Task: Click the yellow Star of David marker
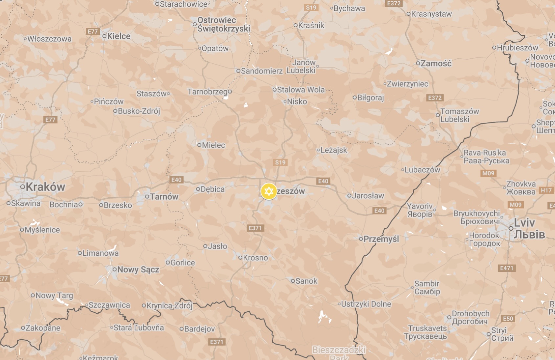tap(269, 191)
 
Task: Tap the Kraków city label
tap(45, 187)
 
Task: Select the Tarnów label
tap(164, 197)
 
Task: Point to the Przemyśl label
tap(381, 239)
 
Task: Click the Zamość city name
tap(436, 63)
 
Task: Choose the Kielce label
tap(119, 36)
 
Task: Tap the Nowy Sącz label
tap(138, 270)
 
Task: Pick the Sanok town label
tap(306, 281)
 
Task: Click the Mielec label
tap(213, 145)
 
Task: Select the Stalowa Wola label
tap(300, 90)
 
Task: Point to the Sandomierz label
tap(261, 71)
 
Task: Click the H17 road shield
tap(546, 190)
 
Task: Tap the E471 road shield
tap(506, 268)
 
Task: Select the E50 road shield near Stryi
tap(508, 319)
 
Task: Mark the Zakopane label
tap(43, 328)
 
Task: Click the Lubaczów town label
tap(422, 170)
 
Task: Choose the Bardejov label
tap(199, 329)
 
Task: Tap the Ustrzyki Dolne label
tap(366, 304)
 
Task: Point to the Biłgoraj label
tap(370, 97)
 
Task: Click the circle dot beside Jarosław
tap(349, 196)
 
